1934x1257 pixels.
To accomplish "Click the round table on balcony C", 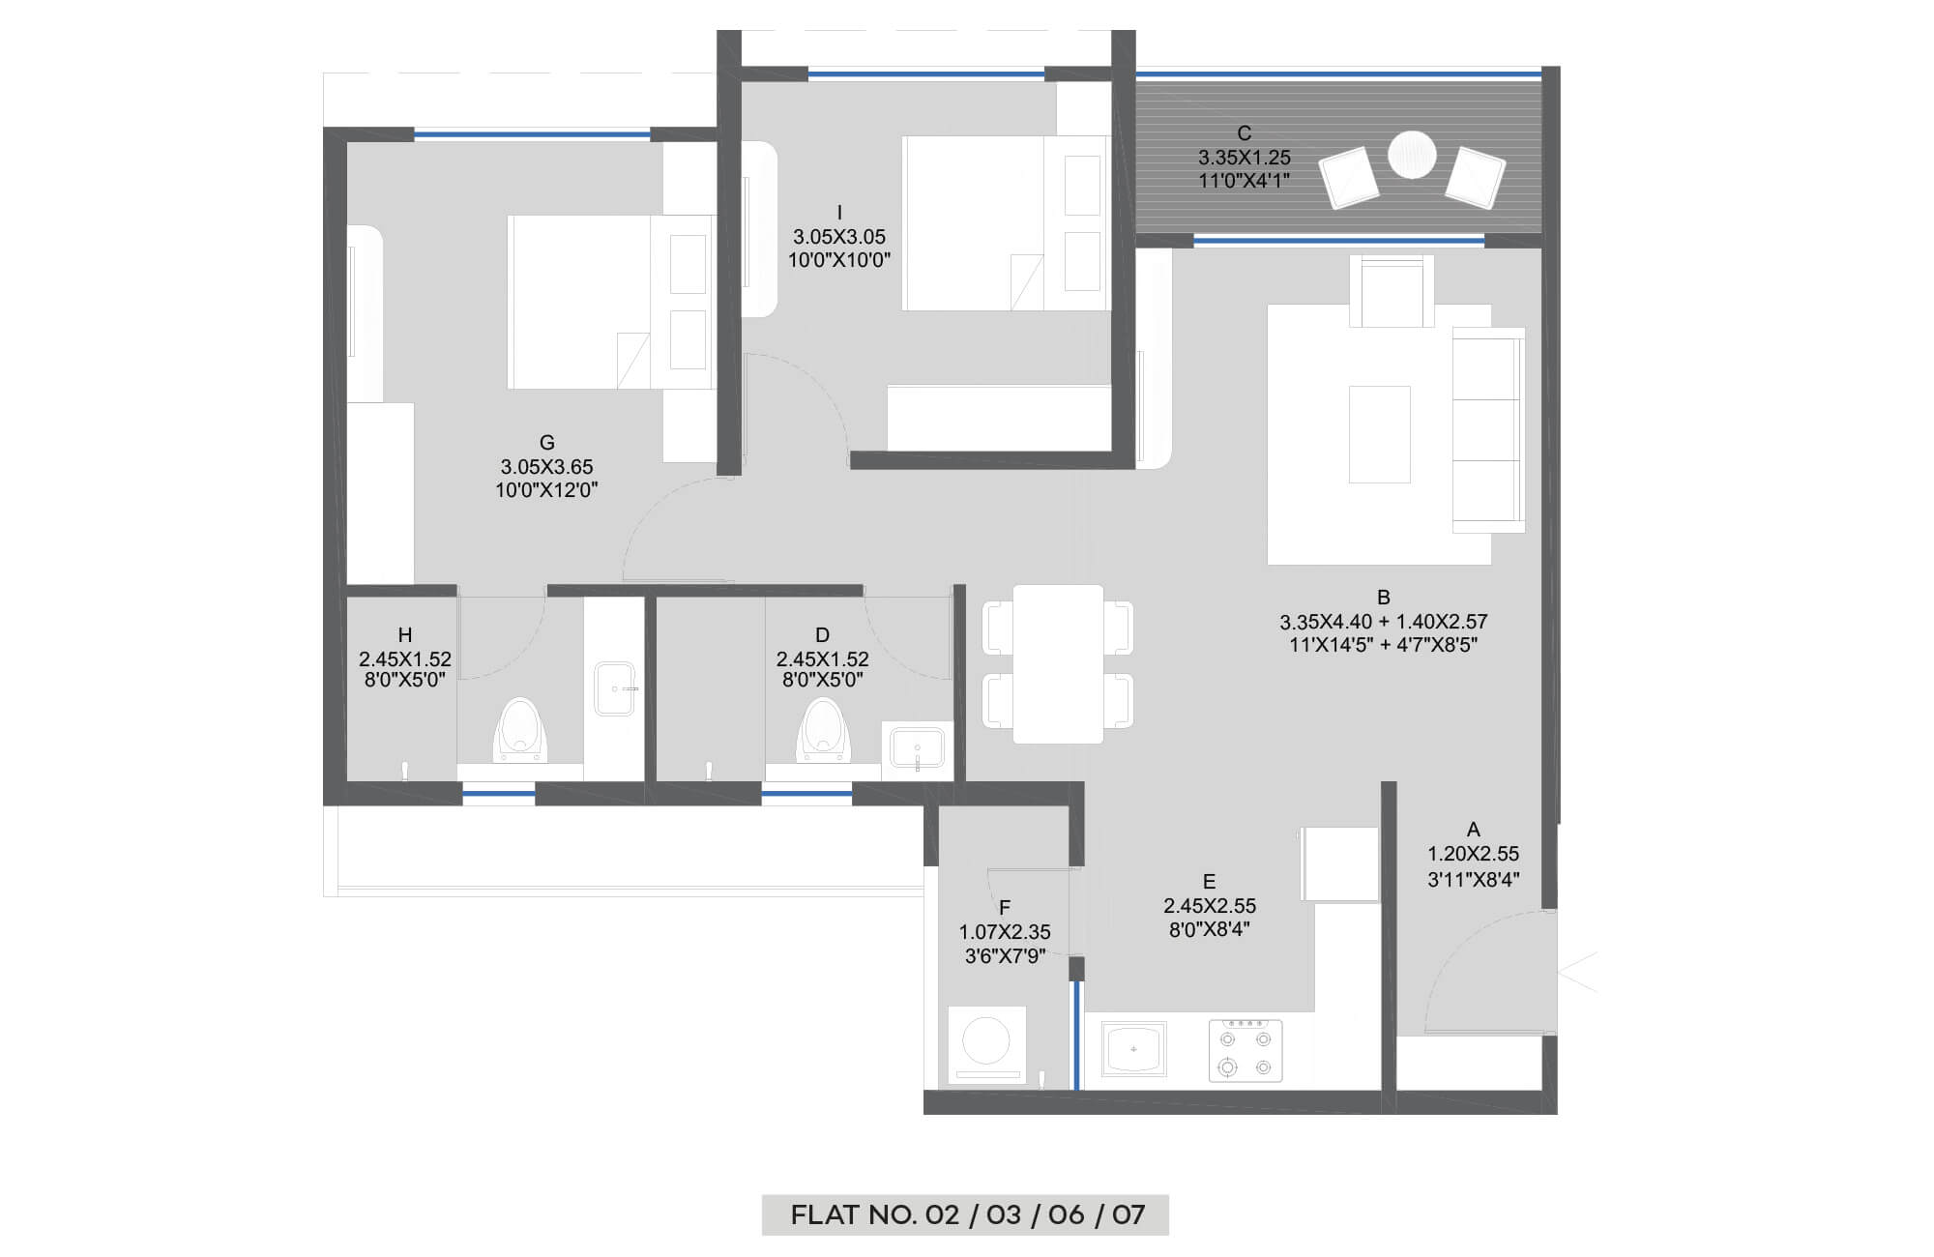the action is click(x=1412, y=155).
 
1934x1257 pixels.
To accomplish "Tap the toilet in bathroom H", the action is click(x=520, y=730).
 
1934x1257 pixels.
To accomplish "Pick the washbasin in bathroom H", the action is click(x=614, y=688).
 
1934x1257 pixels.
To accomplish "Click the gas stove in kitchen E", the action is click(x=1245, y=1051).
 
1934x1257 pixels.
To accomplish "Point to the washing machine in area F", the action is click(x=986, y=1045).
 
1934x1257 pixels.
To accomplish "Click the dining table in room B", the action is click(x=1058, y=664).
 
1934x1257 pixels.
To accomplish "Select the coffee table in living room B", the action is click(x=1380, y=434).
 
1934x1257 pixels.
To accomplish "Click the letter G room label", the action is click(x=547, y=443).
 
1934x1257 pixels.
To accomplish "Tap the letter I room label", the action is click(x=839, y=213).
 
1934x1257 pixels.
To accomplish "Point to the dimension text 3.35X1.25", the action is click(x=1245, y=158).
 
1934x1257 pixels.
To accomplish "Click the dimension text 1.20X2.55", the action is click(x=1474, y=854).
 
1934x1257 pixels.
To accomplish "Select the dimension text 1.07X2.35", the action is click(x=1005, y=932).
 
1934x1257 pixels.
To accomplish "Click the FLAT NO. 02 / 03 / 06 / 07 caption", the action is click(x=967, y=1214).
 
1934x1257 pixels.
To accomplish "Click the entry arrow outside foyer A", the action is click(x=1577, y=971).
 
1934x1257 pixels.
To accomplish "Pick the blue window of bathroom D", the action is click(x=806, y=794).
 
